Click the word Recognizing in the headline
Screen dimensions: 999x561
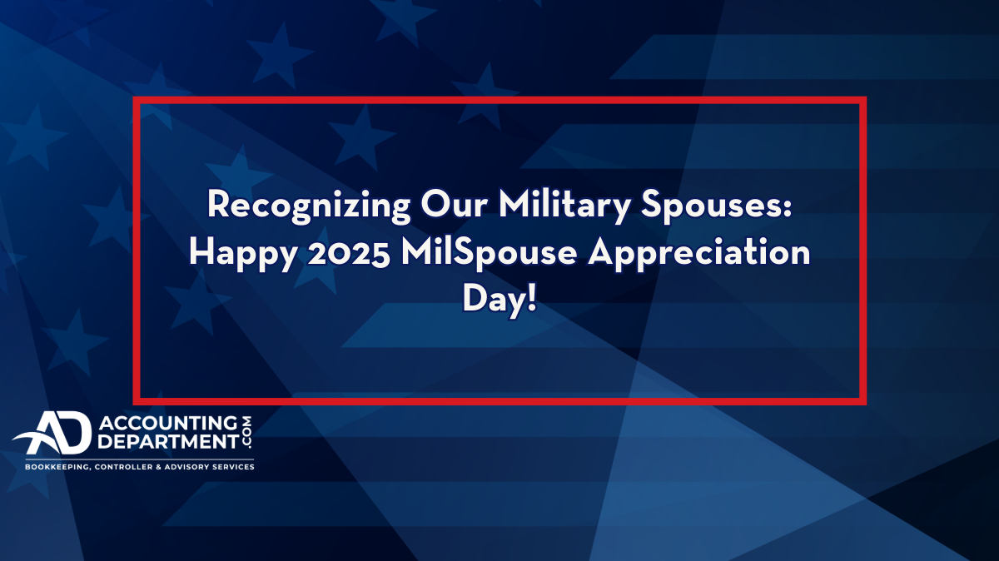[308, 206]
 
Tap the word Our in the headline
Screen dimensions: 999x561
[454, 204]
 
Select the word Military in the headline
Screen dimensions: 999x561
[564, 206]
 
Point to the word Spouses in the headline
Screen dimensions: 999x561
[711, 206]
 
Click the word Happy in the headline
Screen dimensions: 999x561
[243, 254]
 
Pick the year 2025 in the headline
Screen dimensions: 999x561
[349, 253]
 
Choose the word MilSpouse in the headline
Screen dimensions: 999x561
[489, 254]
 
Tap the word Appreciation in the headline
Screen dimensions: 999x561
[698, 253]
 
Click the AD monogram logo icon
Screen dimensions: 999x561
[53, 433]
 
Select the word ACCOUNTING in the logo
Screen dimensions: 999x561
[168, 423]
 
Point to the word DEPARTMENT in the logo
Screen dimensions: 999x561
[168, 441]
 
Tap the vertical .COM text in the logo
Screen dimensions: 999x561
[246, 433]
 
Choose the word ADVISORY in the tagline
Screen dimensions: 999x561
[183, 467]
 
